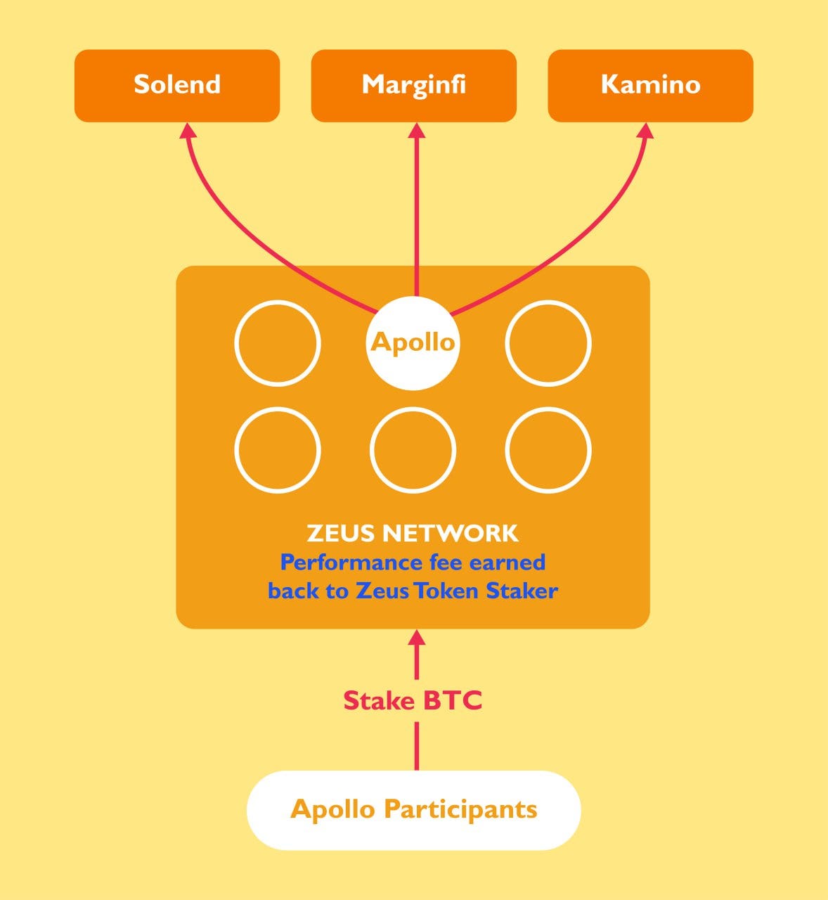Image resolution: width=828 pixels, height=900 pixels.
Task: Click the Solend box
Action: (177, 85)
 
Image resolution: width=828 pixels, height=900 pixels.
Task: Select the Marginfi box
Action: (414, 85)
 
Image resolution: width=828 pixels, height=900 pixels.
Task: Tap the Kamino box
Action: (650, 85)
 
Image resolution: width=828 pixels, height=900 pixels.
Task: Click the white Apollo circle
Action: (413, 342)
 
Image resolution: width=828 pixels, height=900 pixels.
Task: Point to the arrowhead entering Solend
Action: (188, 131)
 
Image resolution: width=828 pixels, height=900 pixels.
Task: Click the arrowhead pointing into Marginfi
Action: (417, 131)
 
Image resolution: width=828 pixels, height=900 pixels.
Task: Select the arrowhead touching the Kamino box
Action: (645, 131)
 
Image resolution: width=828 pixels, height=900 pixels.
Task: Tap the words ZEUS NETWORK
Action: (413, 533)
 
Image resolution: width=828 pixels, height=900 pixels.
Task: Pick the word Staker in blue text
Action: (522, 591)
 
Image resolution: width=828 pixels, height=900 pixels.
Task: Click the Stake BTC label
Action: (413, 700)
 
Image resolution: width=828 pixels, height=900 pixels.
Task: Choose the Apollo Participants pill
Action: (413, 810)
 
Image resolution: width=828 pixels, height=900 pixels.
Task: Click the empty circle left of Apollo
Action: (278, 343)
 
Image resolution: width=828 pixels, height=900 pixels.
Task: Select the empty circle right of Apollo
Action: (548, 343)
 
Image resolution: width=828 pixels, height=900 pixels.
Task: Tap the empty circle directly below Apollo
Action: (413, 450)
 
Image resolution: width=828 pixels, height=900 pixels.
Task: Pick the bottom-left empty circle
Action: (278, 450)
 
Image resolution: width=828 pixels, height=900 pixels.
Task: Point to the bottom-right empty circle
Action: (548, 450)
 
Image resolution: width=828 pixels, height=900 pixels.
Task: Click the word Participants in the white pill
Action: (460, 809)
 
